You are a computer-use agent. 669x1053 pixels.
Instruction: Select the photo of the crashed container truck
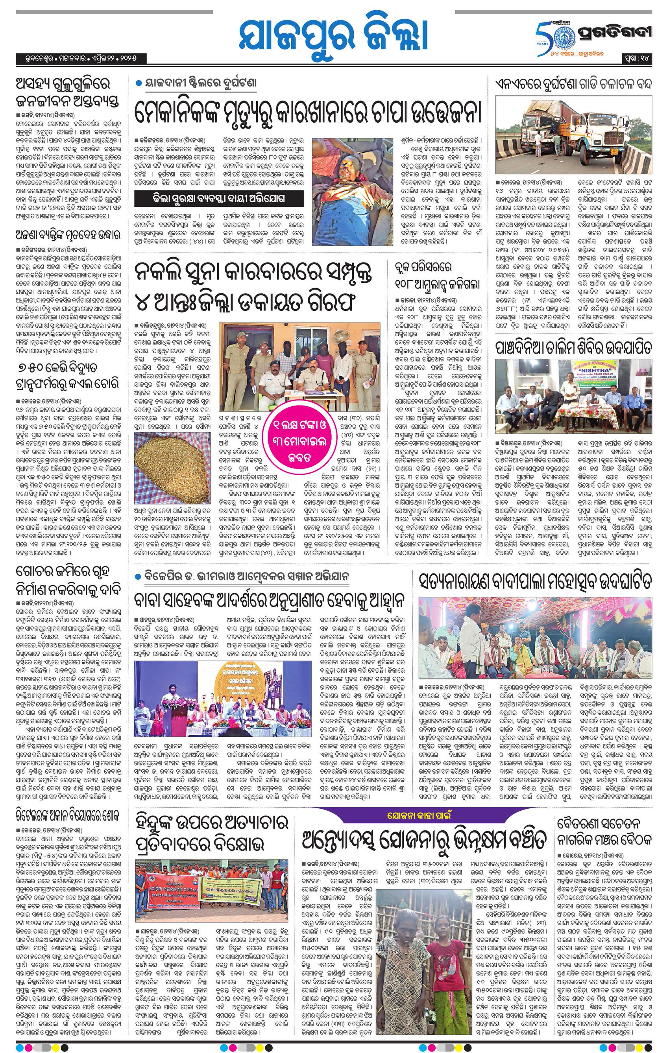(x=574, y=140)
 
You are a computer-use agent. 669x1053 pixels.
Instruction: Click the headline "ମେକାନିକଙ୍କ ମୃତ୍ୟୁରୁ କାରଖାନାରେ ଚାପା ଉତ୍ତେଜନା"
(x=308, y=113)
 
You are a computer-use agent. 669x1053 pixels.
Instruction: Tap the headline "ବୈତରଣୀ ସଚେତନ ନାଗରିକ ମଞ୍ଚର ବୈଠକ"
(x=606, y=814)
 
